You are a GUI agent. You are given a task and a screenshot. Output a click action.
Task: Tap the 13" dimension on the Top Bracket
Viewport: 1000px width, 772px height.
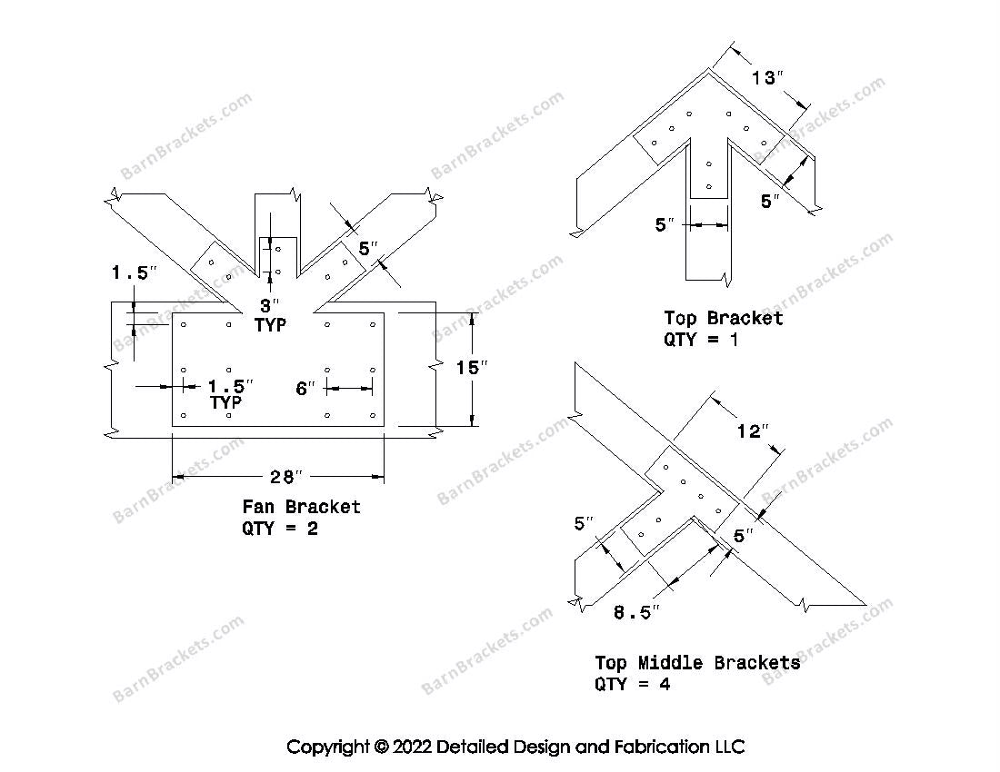(x=767, y=78)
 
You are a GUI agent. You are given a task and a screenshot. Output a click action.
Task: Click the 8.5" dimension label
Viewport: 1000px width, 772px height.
(x=636, y=612)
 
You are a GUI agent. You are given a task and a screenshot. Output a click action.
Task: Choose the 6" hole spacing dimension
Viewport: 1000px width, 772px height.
(x=305, y=388)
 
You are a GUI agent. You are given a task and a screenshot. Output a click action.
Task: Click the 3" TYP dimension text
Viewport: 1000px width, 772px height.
(x=271, y=315)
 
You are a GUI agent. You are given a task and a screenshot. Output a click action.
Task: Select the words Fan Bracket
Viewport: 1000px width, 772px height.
(x=301, y=507)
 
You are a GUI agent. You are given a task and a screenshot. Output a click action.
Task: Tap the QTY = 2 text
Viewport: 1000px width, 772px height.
(x=280, y=529)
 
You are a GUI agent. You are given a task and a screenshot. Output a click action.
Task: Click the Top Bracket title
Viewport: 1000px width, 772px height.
(x=723, y=318)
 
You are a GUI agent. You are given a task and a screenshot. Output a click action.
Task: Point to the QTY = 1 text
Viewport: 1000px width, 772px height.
(x=701, y=340)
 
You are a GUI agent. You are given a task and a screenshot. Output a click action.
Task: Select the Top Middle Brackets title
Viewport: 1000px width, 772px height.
(x=697, y=663)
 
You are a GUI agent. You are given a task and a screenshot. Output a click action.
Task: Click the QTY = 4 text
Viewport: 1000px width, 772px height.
(x=633, y=685)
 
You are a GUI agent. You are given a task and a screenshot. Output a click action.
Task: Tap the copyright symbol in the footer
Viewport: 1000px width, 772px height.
(x=380, y=747)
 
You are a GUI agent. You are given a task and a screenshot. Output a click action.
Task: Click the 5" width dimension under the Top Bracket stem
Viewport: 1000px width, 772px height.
(x=665, y=223)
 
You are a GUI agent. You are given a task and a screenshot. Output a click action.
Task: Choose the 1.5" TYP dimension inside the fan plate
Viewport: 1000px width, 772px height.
(x=226, y=392)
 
